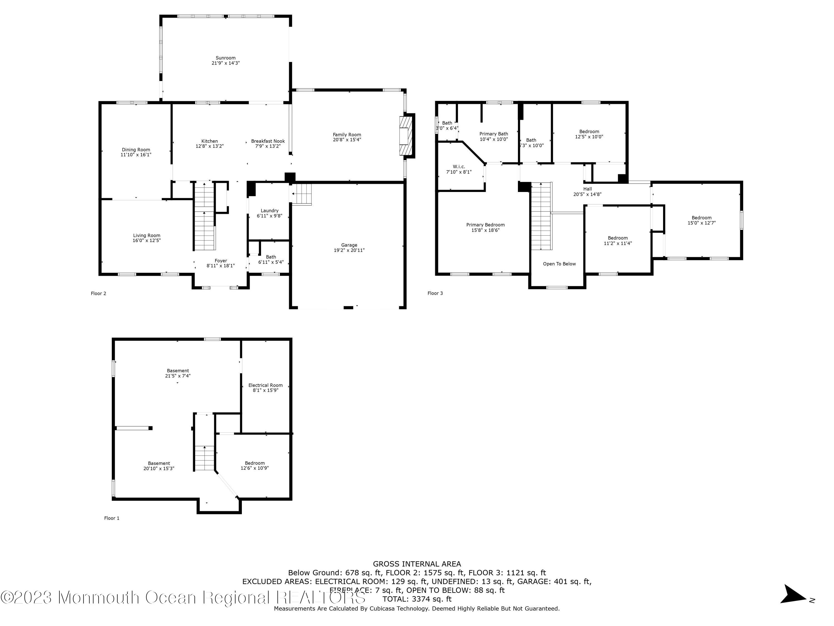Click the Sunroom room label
coord(225,58)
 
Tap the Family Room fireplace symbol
coord(406,136)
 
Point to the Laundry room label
coord(270,211)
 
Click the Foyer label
coord(221,261)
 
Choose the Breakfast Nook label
coord(268,141)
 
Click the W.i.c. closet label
coord(459,167)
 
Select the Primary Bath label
coord(493,134)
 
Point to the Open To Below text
coord(559,264)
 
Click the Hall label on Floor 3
coord(587,189)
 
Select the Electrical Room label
coord(265,385)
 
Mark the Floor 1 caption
coord(111,518)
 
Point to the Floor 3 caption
coord(435,293)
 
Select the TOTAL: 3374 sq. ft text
coord(417,599)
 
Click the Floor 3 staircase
coord(542,216)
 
